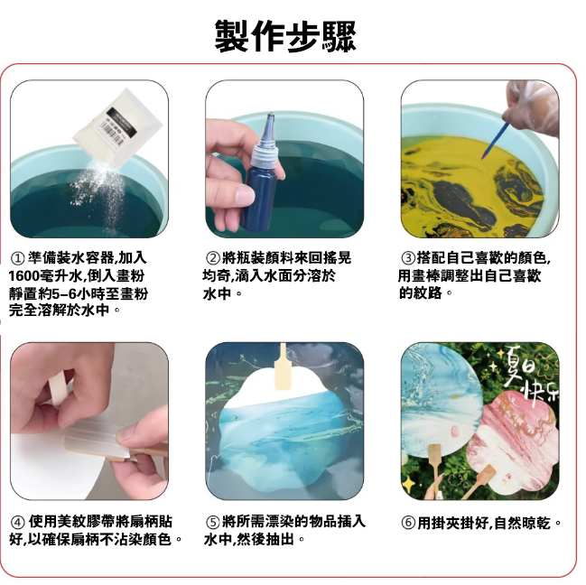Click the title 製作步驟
285,36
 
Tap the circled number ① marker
17,258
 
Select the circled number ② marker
213,258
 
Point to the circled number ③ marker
408,258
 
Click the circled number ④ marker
17,522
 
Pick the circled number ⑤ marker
213,522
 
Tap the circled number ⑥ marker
408,523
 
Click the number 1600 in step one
23,276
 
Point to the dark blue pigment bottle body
258,198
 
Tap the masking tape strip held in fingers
59,390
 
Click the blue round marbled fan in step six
441,400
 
